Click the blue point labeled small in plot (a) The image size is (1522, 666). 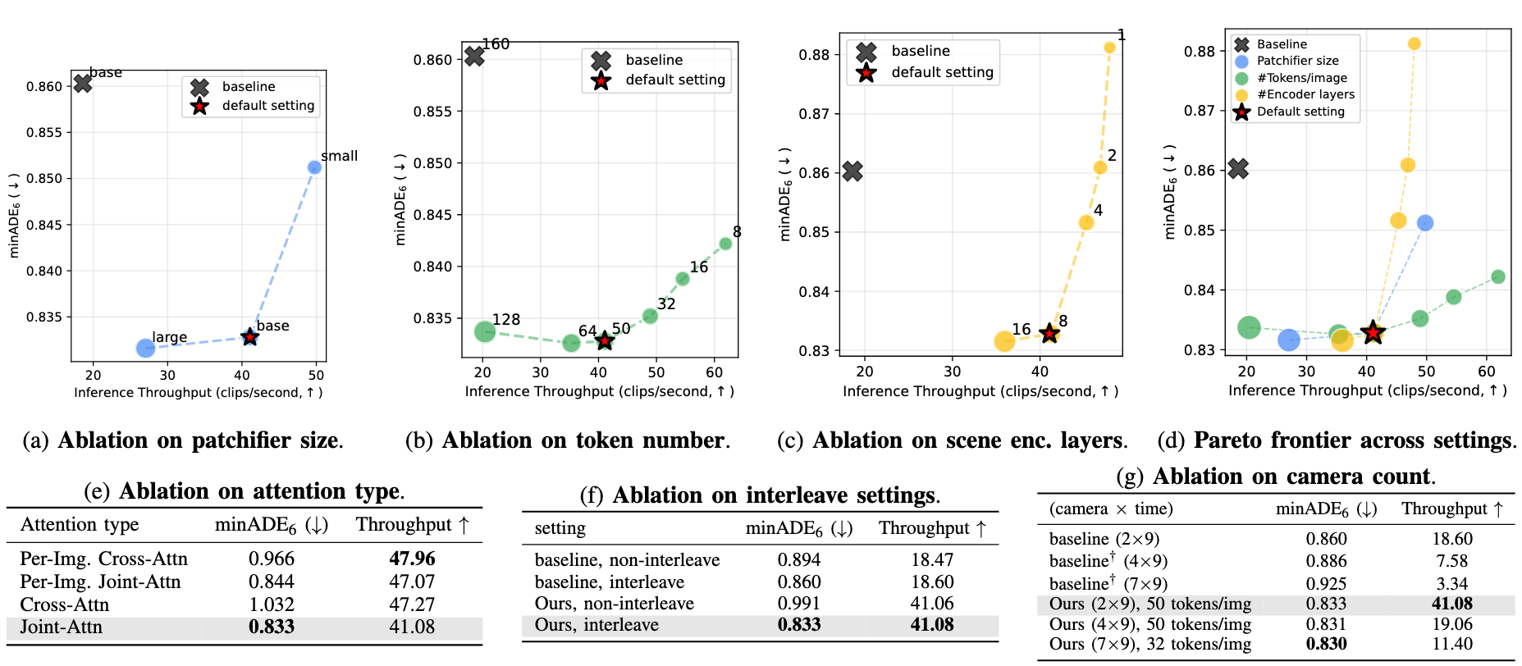pyautogui.click(x=314, y=167)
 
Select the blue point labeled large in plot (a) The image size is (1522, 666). pyautogui.click(x=145, y=349)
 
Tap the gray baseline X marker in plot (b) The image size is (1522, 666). pyautogui.click(x=474, y=57)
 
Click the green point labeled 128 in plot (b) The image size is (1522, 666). pyautogui.click(x=485, y=331)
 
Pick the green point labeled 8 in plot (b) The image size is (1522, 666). pyautogui.click(x=725, y=244)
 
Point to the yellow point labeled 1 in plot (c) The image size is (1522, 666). pyautogui.click(x=1109, y=48)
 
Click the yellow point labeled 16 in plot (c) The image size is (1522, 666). pyautogui.click(x=1004, y=341)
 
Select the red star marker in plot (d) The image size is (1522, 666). pyautogui.click(x=1373, y=332)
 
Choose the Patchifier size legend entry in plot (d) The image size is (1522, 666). pyautogui.click(x=1297, y=61)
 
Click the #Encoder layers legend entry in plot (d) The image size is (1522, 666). pyautogui.click(x=1305, y=94)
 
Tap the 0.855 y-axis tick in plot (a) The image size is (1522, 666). pyautogui.click(x=43, y=133)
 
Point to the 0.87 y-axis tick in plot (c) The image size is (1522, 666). pyautogui.click(x=814, y=114)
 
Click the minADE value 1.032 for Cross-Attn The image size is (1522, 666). pyautogui.click(x=272, y=604)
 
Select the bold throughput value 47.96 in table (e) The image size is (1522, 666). pyautogui.click(x=412, y=559)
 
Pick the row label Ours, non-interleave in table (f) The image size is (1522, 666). pyautogui.click(x=614, y=604)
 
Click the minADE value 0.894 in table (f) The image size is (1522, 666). pyautogui.click(x=799, y=559)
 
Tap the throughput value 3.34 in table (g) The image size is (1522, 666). pyautogui.click(x=1451, y=584)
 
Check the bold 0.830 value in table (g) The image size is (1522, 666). pyautogui.click(x=1326, y=644)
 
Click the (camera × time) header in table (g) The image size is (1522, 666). pyautogui.click(x=1110, y=509)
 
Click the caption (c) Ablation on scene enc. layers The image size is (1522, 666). pyautogui.click(x=952, y=441)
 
